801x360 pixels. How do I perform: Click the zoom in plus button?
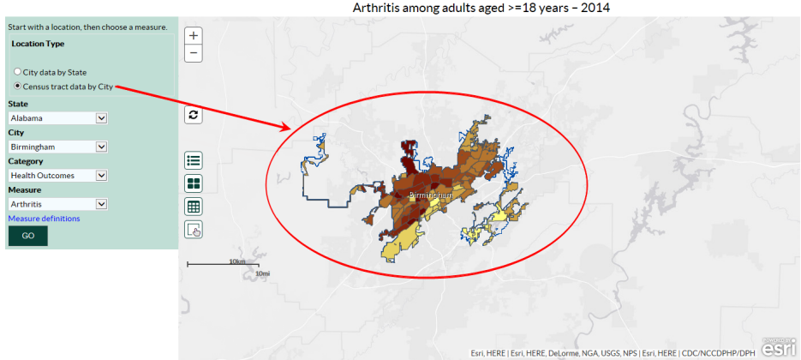click(194, 36)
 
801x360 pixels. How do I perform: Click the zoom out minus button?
click(194, 53)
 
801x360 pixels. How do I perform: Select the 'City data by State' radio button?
click(18, 73)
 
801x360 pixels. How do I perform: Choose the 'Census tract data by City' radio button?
click(18, 87)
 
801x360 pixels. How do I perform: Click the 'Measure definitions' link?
click(44, 219)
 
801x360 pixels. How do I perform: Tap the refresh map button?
click(194, 114)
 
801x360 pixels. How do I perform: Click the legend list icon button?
click(194, 160)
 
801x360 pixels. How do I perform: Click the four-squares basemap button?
click(194, 183)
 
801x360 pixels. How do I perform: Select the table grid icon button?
click(194, 206)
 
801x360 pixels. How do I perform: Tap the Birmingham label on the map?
click(429, 196)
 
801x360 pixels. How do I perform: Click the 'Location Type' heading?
click(38, 44)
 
